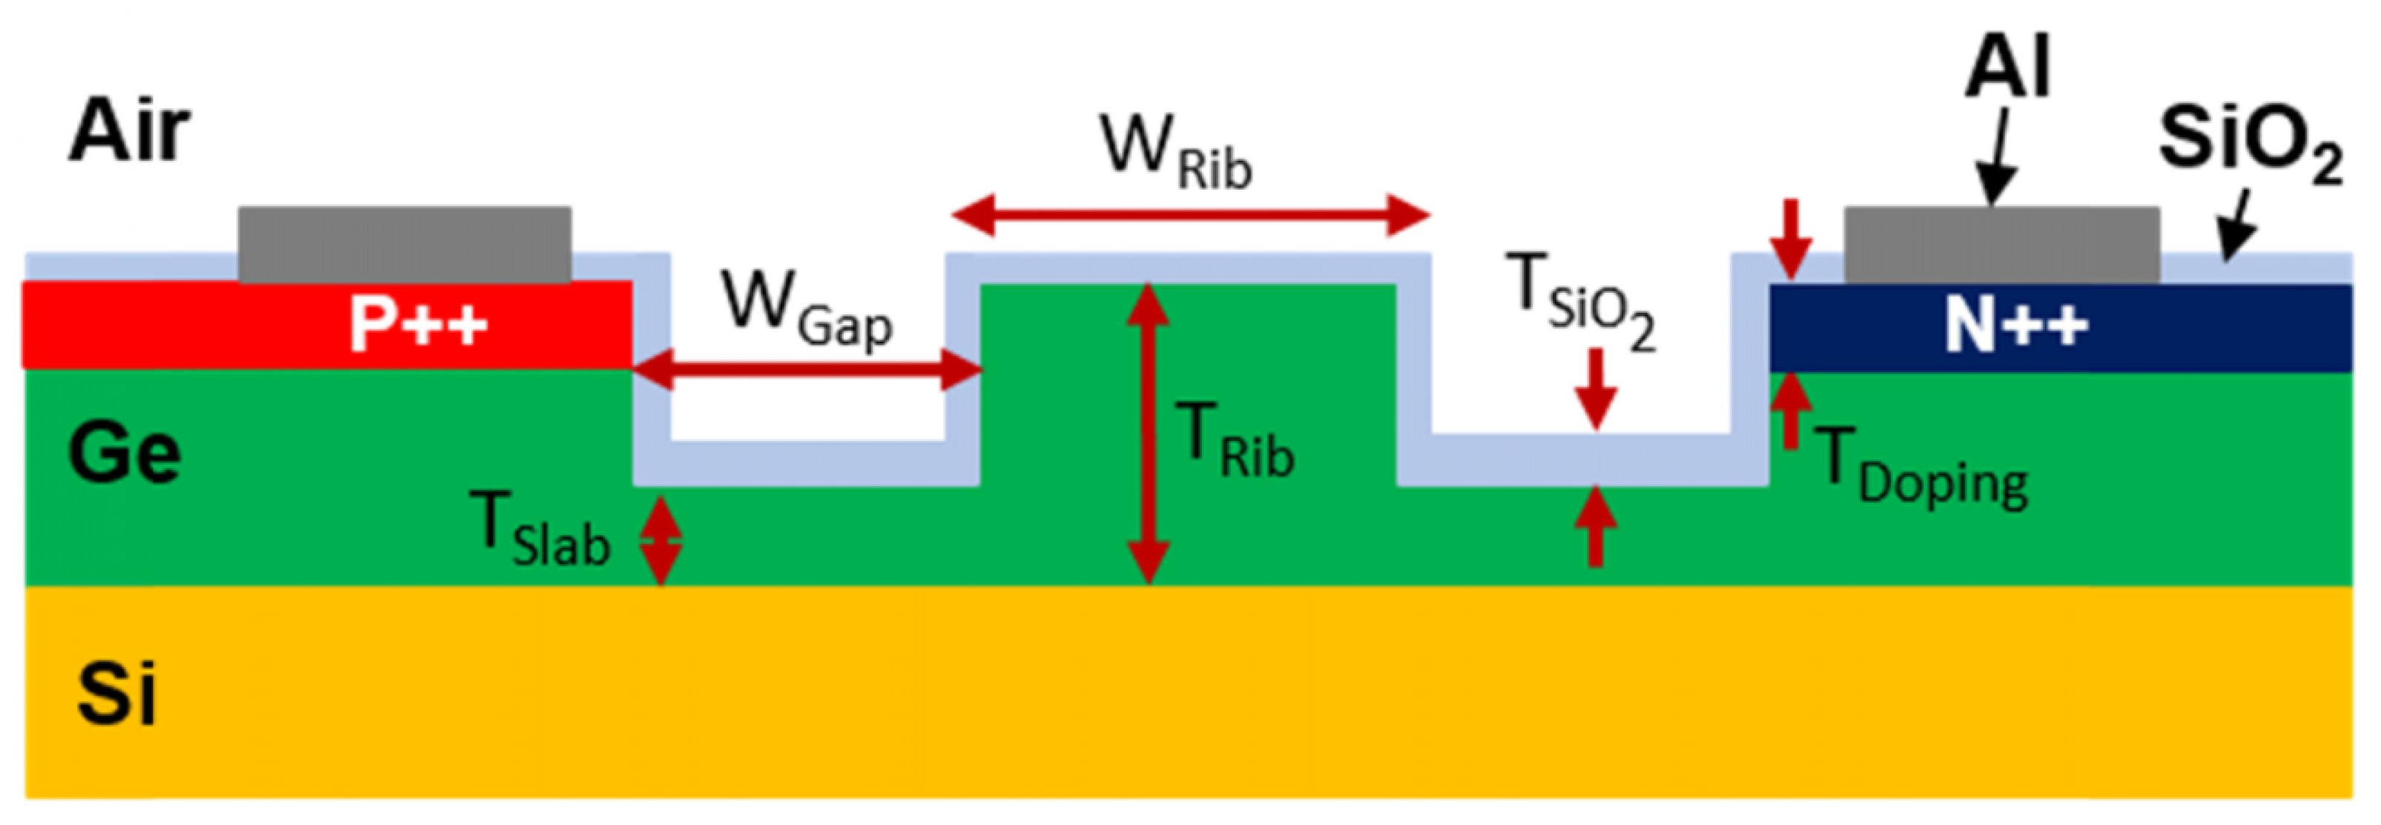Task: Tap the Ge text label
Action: [124, 453]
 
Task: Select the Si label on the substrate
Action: [116, 693]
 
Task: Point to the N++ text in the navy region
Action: [2015, 325]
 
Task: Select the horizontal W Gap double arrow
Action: [806, 371]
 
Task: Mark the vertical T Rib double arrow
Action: [1148, 434]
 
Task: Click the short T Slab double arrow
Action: [661, 541]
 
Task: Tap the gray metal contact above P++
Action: [405, 244]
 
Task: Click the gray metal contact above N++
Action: [2002, 244]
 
